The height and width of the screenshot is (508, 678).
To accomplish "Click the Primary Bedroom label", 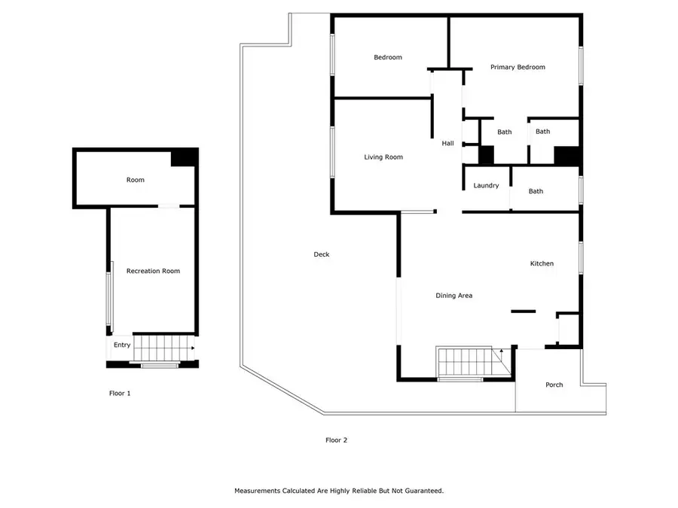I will click(518, 68).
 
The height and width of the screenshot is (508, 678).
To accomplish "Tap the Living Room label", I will click(383, 157).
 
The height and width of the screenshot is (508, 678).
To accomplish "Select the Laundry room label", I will click(486, 186).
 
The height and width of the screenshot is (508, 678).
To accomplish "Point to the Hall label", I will click(447, 143).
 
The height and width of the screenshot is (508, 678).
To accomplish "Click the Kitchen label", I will click(542, 264).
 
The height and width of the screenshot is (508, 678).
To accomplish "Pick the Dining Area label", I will click(454, 296).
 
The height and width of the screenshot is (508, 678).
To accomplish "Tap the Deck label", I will click(322, 254).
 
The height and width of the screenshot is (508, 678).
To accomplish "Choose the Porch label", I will click(554, 385).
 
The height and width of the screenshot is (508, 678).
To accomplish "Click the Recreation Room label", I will click(153, 271).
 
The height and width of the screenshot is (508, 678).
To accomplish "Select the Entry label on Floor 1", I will click(122, 345).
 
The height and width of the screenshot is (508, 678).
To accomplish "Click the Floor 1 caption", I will click(120, 393).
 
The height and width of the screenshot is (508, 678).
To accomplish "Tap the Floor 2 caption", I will click(336, 440).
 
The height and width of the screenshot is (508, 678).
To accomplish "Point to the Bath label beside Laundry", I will click(536, 191).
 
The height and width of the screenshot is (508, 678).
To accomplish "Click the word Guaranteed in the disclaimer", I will click(423, 491).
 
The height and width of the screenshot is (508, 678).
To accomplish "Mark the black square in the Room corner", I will click(183, 157).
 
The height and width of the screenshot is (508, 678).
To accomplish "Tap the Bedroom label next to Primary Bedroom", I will click(388, 58).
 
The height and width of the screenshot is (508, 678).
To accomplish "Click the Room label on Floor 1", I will click(135, 181).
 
